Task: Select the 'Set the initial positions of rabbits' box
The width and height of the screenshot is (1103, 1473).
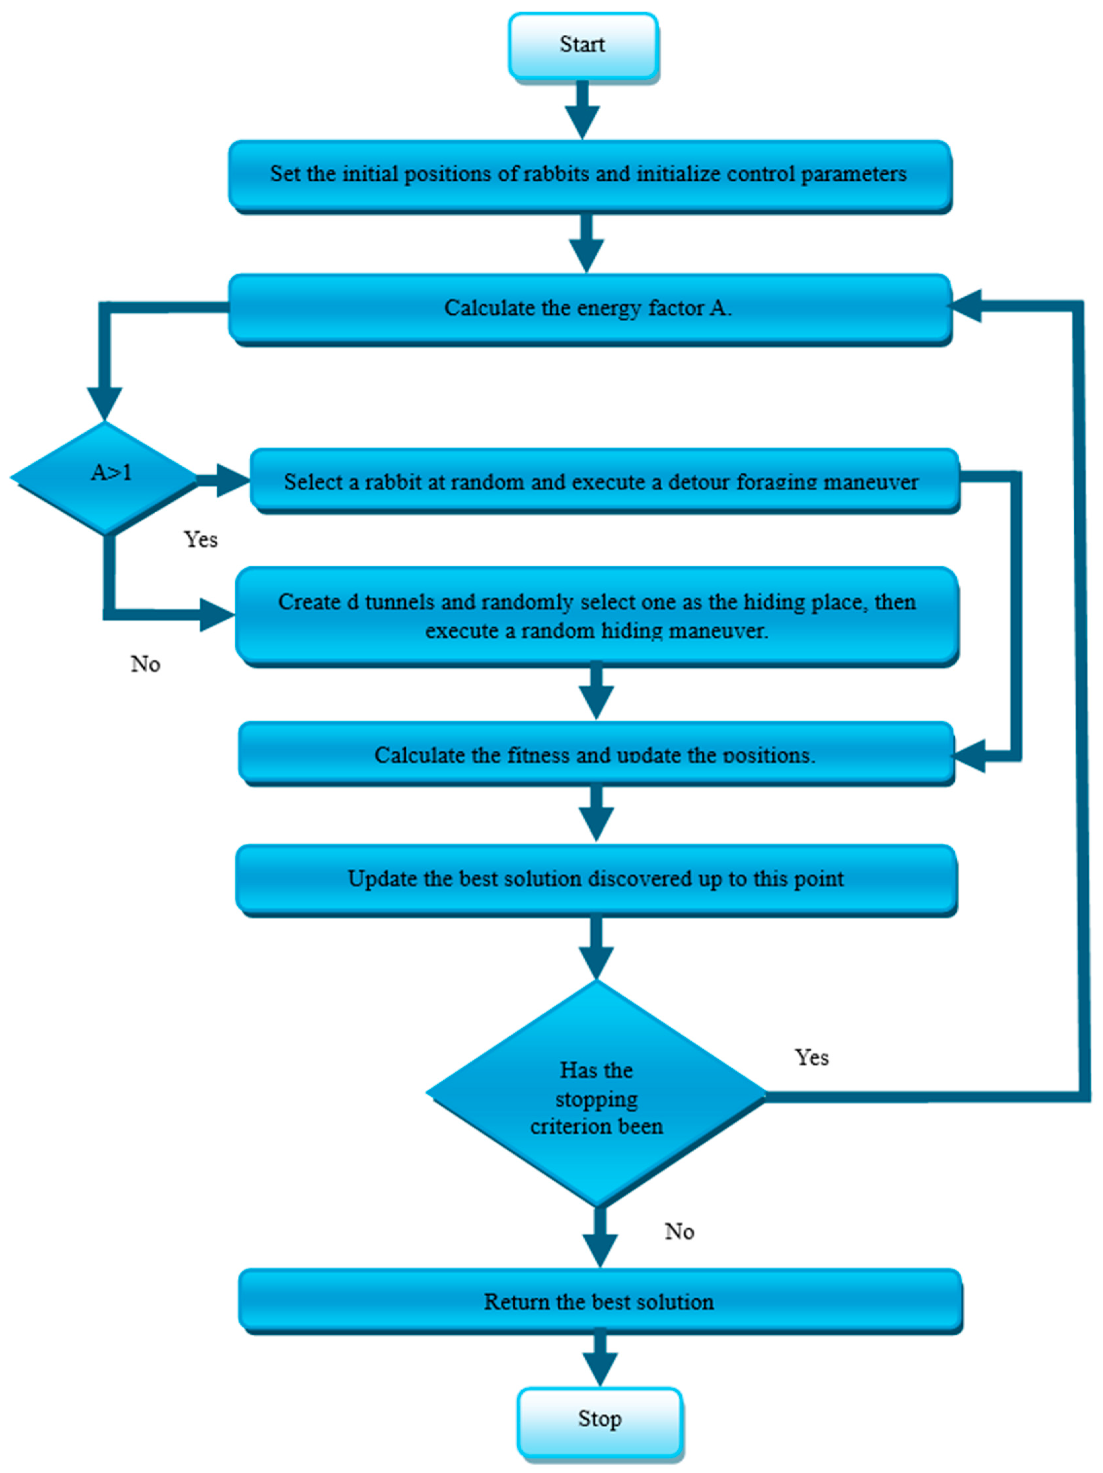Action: tap(589, 174)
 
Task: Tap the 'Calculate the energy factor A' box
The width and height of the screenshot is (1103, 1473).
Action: tap(589, 308)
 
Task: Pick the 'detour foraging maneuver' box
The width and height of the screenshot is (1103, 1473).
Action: tap(603, 481)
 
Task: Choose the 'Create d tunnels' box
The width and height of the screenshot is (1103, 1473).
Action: tap(597, 616)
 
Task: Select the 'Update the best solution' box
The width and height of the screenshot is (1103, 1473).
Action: tap(596, 879)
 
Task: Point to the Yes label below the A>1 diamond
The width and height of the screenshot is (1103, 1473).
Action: tap(201, 539)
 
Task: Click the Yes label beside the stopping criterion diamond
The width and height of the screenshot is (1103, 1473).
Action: tap(811, 1058)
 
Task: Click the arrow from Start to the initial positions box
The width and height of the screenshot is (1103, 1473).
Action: tap(583, 110)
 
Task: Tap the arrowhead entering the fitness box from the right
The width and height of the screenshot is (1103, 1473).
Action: tap(969, 756)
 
